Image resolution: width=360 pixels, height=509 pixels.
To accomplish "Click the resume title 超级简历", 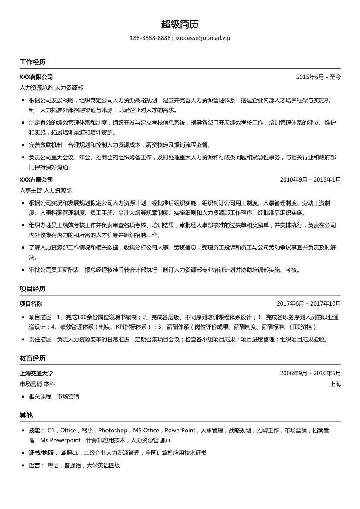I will (x=180, y=24).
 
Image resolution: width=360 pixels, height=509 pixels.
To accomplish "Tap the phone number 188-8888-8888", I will (x=150, y=38).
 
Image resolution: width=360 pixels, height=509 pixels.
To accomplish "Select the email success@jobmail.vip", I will (x=203, y=38).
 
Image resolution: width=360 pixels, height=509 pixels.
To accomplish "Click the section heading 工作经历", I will (x=32, y=62).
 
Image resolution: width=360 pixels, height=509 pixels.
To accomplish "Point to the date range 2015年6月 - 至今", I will (x=318, y=77).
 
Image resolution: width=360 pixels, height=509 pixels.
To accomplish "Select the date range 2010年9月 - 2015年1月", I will (x=310, y=179).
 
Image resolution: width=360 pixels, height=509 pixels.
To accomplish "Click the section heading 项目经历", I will (x=32, y=289).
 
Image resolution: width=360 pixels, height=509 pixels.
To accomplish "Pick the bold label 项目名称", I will (x=31, y=304).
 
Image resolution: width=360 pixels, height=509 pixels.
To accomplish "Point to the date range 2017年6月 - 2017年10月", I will (x=309, y=304).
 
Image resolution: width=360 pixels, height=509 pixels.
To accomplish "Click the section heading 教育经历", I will (x=32, y=358).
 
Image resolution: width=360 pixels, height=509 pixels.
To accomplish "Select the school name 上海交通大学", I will (x=36, y=374).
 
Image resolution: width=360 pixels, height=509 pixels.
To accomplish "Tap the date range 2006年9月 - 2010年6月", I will (x=310, y=374).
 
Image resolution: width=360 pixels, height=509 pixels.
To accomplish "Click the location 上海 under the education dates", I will (x=335, y=384).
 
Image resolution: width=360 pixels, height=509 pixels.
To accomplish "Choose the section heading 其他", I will (x=26, y=415).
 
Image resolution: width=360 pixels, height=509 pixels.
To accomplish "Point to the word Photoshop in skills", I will (x=113, y=431).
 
